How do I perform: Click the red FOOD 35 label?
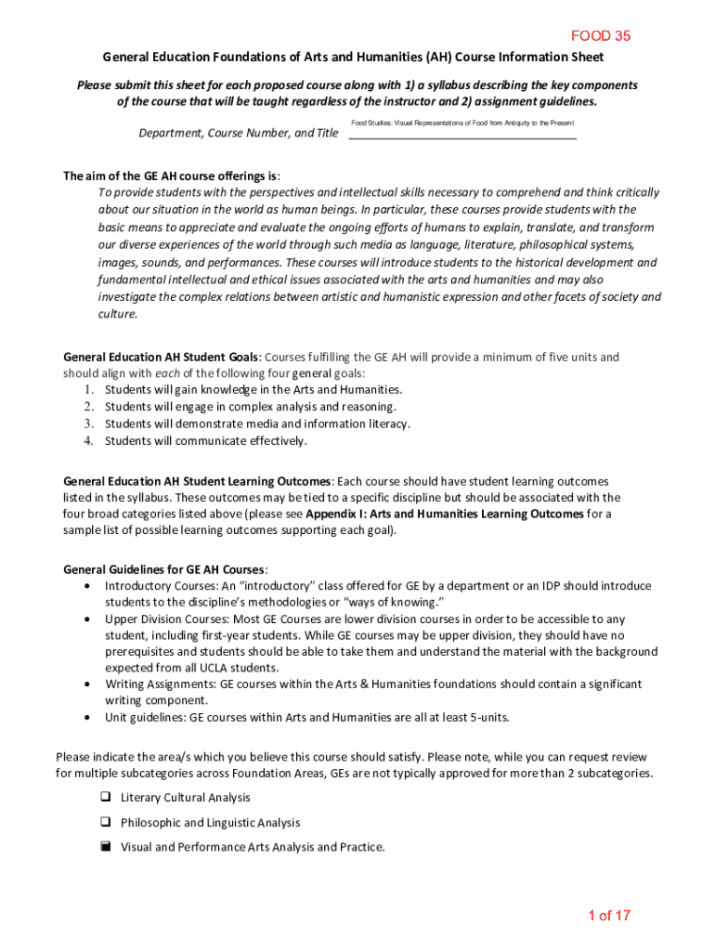coord(601,36)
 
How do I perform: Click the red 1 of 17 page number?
coord(609,916)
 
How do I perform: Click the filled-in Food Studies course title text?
coord(462,124)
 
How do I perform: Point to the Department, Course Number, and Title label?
coord(239,133)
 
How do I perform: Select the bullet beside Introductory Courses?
coord(87,587)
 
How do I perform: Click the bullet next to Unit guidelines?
coord(87,718)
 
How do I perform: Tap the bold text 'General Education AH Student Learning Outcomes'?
coord(196,482)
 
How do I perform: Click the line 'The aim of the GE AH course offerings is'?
coord(171,176)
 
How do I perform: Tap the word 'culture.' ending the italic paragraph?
coord(118,315)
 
